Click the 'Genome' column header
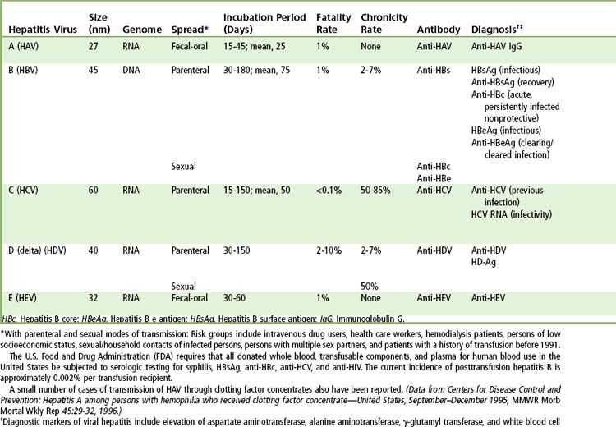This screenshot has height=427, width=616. coord(136,29)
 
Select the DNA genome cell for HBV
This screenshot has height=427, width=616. coord(132,71)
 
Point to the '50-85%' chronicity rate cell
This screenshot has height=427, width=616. coord(377,190)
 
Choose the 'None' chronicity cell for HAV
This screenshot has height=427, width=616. coord(372,48)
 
